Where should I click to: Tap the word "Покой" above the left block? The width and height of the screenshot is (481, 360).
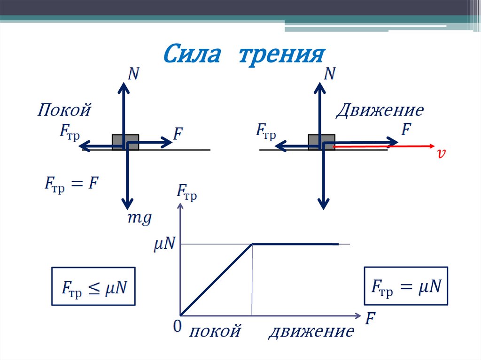coord(64,111)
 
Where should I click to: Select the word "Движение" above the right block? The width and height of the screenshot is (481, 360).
coord(380,111)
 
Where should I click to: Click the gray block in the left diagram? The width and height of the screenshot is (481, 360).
coord(125,142)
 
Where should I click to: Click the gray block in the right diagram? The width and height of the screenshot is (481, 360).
coord(321,142)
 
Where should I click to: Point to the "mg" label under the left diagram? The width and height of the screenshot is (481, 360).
coord(140,218)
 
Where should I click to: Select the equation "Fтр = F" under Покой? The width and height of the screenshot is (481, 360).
coord(71,184)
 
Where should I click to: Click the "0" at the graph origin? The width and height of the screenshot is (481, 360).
coord(177,327)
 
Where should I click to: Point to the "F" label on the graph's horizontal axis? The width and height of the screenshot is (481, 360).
coord(371,319)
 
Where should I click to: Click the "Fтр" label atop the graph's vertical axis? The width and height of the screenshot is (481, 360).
coord(186,193)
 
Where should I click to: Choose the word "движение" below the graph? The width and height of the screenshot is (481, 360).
coord(311,332)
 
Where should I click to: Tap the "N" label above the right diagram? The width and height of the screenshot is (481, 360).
coord(330,74)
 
